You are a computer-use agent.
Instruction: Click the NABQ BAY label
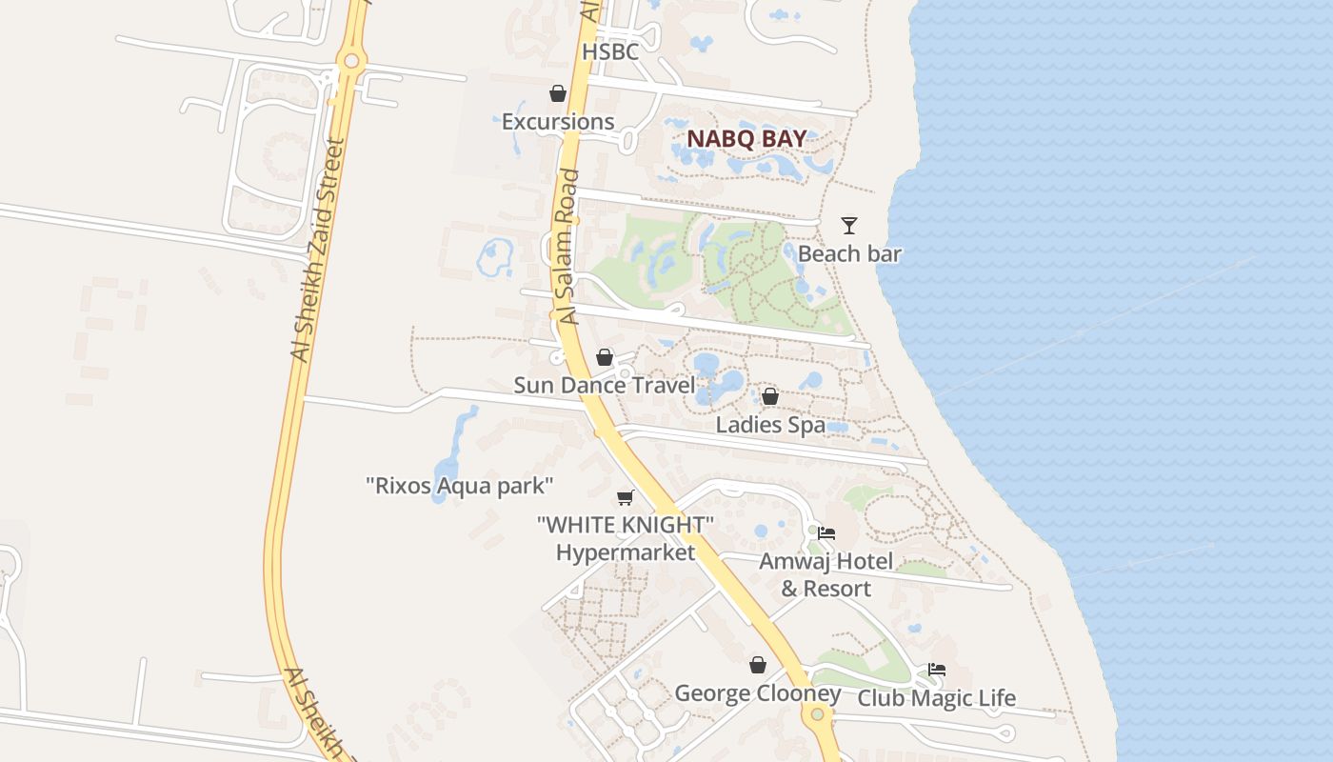click(746, 138)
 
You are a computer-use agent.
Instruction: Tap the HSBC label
click(610, 51)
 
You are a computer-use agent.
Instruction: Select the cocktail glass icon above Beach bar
click(849, 226)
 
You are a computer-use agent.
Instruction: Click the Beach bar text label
click(849, 253)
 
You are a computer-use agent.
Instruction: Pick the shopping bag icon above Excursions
click(558, 93)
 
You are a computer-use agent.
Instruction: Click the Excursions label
click(558, 122)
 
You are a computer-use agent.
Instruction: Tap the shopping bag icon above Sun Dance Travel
click(605, 357)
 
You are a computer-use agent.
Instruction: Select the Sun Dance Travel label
click(605, 385)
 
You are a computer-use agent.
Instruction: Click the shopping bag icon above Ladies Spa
click(770, 396)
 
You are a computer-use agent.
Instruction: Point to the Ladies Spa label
click(770, 425)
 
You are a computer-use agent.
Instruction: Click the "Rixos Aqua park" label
click(459, 486)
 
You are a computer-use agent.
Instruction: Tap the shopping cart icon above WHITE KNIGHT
click(626, 497)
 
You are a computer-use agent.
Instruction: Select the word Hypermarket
click(626, 551)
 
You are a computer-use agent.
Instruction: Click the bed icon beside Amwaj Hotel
click(826, 533)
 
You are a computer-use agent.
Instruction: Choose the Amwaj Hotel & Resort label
click(826, 574)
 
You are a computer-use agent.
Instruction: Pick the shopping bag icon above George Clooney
click(758, 665)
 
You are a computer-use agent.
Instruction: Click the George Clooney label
click(758, 692)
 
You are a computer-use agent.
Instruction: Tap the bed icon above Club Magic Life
click(937, 670)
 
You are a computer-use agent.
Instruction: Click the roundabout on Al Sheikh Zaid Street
click(351, 62)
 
